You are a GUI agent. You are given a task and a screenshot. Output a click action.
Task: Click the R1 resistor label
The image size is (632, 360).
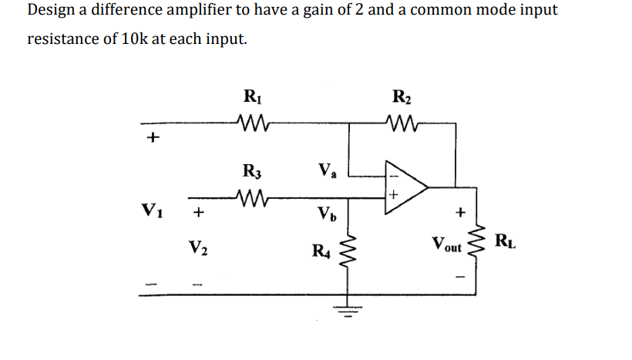[x=251, y=97]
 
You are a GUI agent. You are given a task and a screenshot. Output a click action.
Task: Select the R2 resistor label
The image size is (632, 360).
[x=402, y=97]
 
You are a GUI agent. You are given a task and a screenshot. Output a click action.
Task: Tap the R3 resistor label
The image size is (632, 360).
[x=251, y=170]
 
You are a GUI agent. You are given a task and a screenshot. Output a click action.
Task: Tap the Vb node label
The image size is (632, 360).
[x=328, y=212]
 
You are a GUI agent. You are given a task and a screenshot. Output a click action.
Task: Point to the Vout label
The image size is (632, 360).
[x=447, y=246]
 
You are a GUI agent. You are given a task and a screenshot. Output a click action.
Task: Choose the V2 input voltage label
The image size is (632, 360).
[x=198, y=247]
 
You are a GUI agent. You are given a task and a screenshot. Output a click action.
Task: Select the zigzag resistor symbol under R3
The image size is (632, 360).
[x=250, y=197]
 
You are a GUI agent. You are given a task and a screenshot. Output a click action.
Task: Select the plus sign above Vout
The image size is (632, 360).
[x=460, y=209]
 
